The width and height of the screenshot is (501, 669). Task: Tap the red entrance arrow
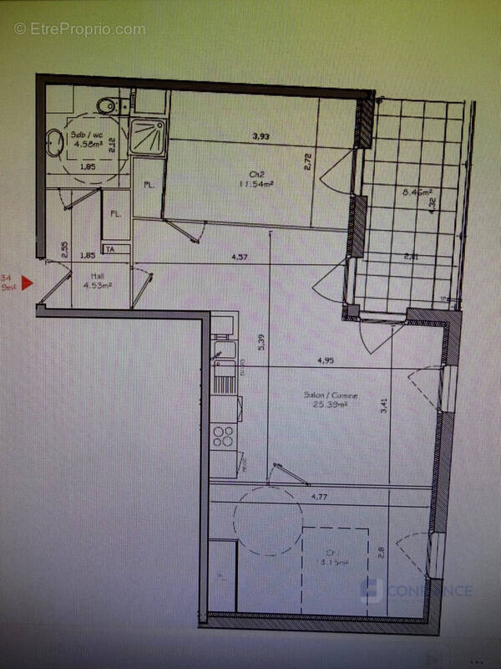pos(26,283)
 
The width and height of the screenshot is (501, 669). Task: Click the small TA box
pos(109,248)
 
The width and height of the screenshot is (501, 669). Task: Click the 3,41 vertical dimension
pos(383,406)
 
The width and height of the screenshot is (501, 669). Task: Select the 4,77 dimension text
pos(318,497)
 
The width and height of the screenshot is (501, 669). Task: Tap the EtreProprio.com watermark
pos(79,29)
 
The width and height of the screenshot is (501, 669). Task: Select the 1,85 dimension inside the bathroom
pos(87,166)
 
